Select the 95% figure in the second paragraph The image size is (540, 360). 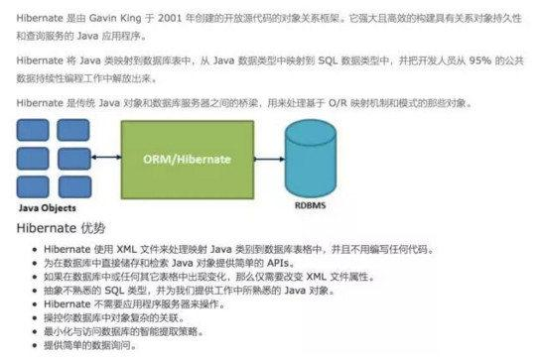452,60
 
